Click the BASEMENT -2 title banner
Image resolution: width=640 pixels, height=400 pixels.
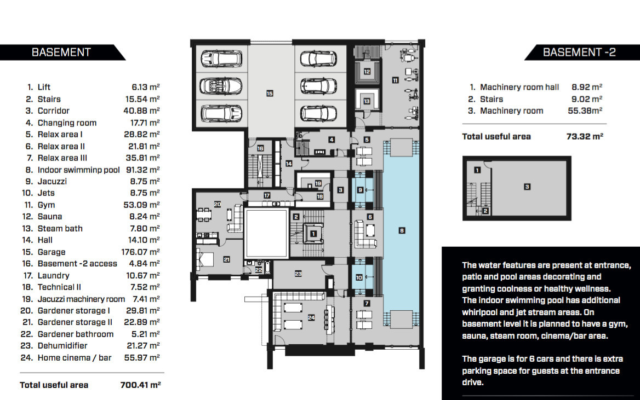(x=582, y=52)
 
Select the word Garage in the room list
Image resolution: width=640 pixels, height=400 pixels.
(x=52, y=252)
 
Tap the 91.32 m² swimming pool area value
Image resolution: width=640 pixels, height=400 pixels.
(x=143, y=170)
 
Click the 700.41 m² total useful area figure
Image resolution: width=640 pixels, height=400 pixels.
(x=140, y=385)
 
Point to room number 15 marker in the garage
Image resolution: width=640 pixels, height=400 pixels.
(x=270, y=94)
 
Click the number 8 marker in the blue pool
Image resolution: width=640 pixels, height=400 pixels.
(x=402, y=230)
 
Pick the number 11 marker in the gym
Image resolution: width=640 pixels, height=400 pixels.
(x=395, y=80)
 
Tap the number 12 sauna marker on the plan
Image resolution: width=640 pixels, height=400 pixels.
(x=367, y=72)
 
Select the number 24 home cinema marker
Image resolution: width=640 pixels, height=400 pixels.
(x=311, y=317)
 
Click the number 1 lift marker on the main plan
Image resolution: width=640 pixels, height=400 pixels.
(x=313, y=234)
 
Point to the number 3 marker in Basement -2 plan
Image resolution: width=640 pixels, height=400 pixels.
(x=527, y=187)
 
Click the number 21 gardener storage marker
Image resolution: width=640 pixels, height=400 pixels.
(x=226, y=259)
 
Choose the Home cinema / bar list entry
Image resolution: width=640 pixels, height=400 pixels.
(x=75, y=358)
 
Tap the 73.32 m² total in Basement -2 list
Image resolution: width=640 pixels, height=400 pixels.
(x=585, y=137)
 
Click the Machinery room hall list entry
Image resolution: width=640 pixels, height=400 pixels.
(x=519, y=87)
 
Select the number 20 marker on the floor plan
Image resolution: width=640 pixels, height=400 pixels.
(x=218, y=204)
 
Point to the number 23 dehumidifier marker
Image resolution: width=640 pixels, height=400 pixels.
(x=298, y=274)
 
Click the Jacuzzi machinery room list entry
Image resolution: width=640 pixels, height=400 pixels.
(x=81, y=299)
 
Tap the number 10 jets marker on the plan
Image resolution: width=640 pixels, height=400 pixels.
(x=359, y=277)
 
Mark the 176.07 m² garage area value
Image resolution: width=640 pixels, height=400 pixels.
(x=140, y=252)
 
